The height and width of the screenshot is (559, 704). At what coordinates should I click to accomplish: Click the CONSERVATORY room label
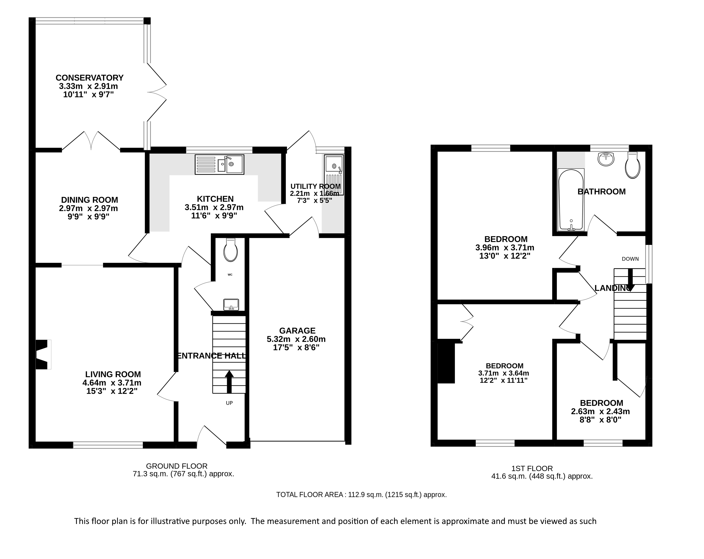pos(89,78)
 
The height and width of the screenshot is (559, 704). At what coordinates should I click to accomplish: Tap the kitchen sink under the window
pos(219,164)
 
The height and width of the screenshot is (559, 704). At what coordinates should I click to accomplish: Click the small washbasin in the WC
pos(231,305)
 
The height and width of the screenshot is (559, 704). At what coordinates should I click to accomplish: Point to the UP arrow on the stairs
pos(229,382)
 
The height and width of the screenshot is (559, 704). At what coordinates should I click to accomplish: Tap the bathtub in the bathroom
pos(571,200)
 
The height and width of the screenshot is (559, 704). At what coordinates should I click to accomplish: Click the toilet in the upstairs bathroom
pos(632,165)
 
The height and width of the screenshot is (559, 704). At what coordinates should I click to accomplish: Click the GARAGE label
pos(297,331)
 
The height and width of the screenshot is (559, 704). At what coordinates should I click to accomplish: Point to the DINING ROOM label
pos(89,200)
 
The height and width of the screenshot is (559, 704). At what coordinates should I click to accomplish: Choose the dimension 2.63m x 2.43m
pos(600,411)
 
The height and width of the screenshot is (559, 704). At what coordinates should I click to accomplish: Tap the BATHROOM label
pos(602,192)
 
